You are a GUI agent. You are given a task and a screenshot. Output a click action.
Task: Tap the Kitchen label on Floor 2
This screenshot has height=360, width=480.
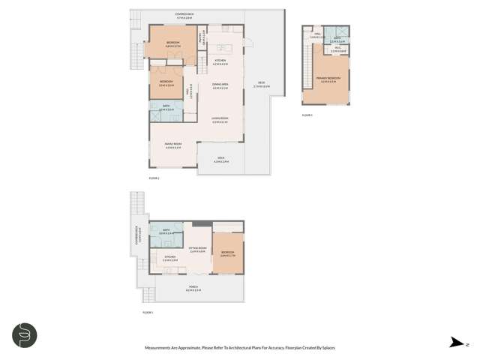(x=220, y=61)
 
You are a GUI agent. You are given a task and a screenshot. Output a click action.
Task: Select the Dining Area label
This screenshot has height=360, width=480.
(x=220, y=88)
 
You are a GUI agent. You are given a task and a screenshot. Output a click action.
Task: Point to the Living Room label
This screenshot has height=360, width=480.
(x=220, y=120)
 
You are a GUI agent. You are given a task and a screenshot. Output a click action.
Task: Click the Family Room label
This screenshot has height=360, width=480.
(x=172, y=145)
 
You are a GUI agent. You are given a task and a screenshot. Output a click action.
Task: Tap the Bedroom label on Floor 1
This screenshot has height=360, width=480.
(x=228, y=253)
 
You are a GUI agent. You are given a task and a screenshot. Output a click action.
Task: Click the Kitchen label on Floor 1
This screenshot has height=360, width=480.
(x=169, y=259)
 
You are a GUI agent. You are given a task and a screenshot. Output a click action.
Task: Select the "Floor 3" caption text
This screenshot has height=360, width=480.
(x=306, y=115)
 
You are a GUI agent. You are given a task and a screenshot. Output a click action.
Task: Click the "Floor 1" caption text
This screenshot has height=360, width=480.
(x=147, y=312)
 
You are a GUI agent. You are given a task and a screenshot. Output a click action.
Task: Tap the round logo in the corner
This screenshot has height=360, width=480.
(x=23, y=334)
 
